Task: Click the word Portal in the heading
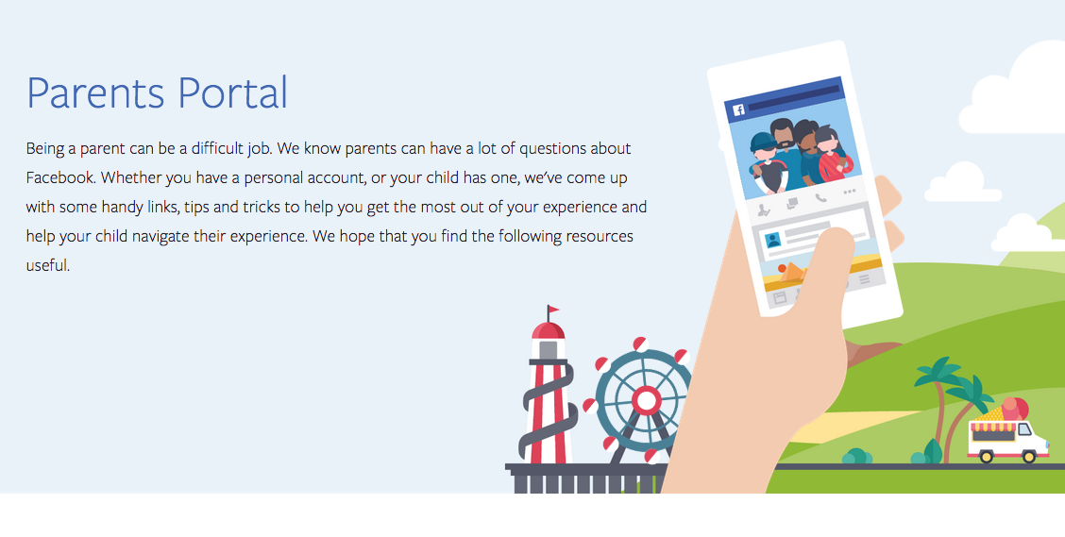click(232, 92)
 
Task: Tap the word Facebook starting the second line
click(59, 177)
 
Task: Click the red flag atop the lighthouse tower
click(553, 310)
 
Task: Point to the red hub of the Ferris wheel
click(646, 400)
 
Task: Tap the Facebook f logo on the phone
click(738, 109)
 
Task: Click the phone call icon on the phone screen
click(820, 198)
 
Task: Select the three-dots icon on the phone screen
click(849, 193)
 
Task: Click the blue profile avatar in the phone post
click(772, 241)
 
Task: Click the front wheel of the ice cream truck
click(1029, 456)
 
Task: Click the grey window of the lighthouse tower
click(549, 349)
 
